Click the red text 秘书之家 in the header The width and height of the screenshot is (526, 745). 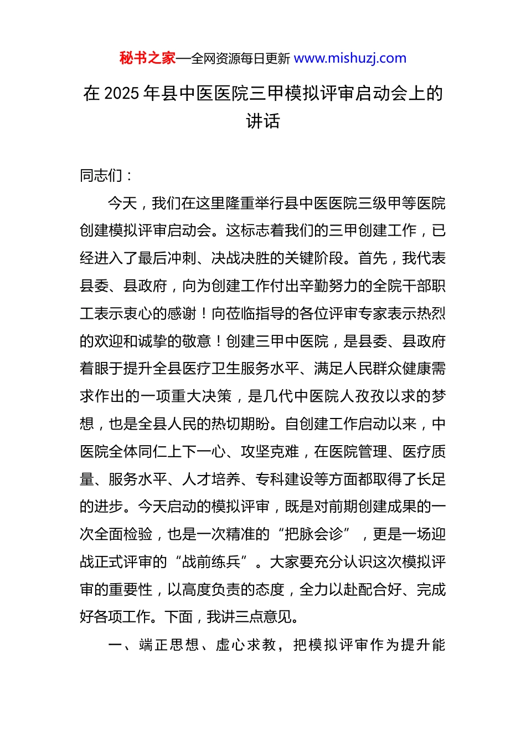coord(147,58)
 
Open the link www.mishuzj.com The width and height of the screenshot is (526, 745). coord(350,58)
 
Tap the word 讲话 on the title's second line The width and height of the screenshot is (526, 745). coord(263,121)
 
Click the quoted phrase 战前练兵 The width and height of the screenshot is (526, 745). coord(211,562)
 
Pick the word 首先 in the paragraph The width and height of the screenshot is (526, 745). coord(373,258)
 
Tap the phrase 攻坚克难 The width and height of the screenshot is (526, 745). coord(270,452)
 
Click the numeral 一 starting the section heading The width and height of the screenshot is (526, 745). coord(115,645)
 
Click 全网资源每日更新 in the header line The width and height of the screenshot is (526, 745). coord(240,59)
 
